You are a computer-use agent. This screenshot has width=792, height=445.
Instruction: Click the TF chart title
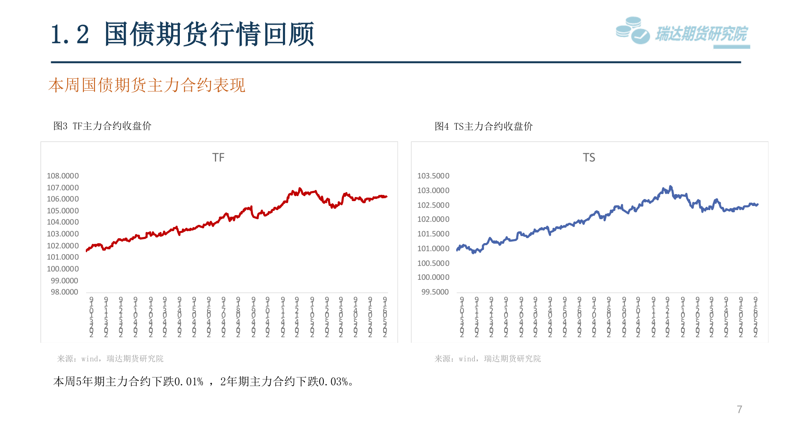(218, 157)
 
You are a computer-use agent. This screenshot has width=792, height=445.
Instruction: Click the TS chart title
(589, 157)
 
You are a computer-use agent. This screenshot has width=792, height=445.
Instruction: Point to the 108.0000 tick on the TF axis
(63, 176)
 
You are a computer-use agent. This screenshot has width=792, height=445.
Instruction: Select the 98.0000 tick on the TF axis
(64, 292)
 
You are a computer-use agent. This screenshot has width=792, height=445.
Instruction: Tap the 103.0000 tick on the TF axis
(63, 234)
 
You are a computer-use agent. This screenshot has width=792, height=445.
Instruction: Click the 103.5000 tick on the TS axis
(433, 176)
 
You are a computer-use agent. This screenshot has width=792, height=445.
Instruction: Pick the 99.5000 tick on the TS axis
(435, 292)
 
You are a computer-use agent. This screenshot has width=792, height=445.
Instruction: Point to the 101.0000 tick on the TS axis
(433, 248)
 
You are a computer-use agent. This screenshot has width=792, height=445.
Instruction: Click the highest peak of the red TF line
(300, 188)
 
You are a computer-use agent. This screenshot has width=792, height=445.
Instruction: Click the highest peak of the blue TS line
(670, 186)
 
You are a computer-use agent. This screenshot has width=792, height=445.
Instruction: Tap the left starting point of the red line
(87, 250)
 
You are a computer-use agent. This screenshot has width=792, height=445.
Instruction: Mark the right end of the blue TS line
(758, 204)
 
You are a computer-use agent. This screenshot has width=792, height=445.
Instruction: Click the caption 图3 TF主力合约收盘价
(102, 126)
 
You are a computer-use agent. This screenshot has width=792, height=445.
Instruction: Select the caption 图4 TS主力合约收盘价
(483, 126)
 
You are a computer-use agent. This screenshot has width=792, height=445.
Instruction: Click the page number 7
(739, 409)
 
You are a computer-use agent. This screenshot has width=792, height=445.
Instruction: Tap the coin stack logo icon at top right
(632, 30)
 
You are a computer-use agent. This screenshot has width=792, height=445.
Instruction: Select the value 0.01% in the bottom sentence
(189, 382)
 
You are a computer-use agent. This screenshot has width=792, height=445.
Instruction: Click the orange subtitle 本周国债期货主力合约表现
(147, 85)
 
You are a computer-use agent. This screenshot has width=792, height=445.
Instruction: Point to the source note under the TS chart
(488, 359)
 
